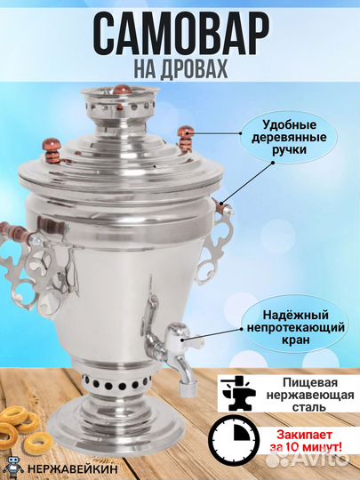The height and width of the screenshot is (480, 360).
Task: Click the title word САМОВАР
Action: click(180, 34)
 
